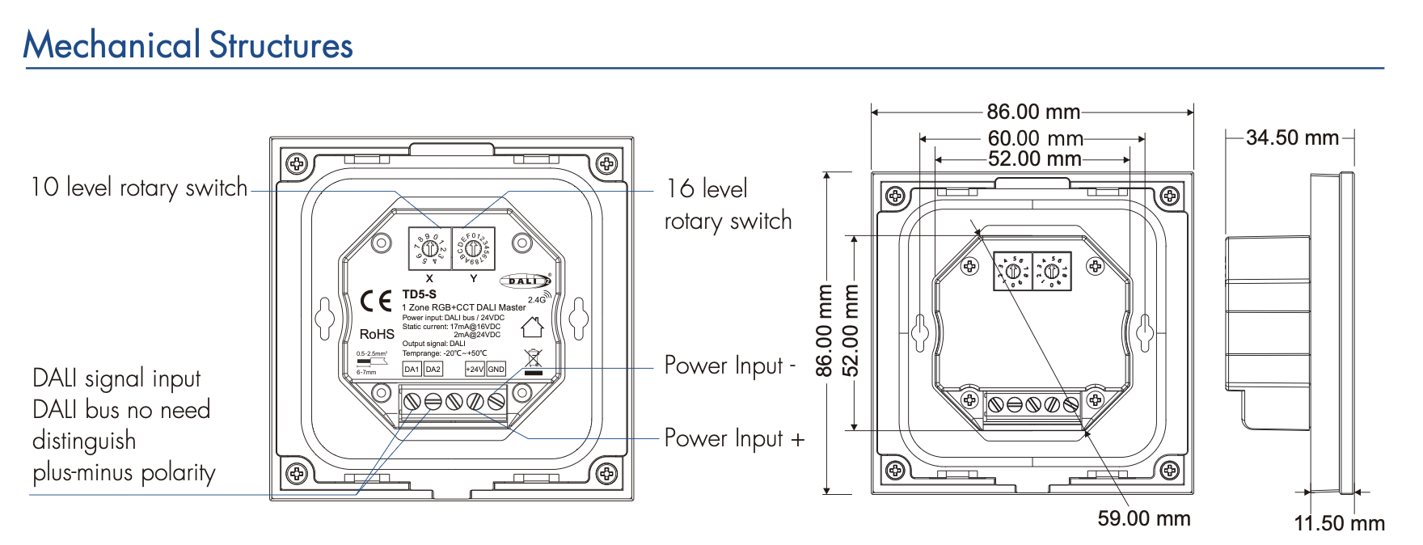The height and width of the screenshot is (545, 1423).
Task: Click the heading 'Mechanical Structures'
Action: [x=188, y=45]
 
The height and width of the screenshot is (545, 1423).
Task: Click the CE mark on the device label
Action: [x=375, y=302]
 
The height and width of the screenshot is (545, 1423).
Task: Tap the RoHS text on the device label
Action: [x=377, y=334]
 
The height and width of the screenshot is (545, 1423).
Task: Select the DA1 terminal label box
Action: [x=412, y=369]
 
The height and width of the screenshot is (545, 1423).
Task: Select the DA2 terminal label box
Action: [x=433, y=369]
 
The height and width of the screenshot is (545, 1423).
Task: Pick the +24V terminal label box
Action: [x=475, y=369]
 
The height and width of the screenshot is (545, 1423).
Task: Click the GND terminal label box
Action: [x=496, y=369]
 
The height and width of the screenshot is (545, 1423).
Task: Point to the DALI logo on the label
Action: [x=525, y=281]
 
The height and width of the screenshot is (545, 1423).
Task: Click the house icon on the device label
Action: [x=532, y=327]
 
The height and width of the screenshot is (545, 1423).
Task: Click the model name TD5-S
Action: [x=419, y=294]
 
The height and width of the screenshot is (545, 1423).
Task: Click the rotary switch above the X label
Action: [x=429, y=249]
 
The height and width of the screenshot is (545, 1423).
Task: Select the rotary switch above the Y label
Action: [x=473, y=249]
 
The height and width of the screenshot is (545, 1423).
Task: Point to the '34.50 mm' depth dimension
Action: [x=1292, y=138]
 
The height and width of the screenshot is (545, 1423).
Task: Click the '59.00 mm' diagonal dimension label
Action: [x=1143, y=518]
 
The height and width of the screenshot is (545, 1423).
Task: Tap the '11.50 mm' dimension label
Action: [x=1339, y=523]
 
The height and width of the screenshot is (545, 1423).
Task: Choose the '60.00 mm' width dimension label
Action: [x=1035, y=139]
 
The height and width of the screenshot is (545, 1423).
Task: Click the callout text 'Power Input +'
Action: [x=734, y=438]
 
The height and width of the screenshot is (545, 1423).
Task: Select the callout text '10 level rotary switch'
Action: [x=139, y=188]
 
